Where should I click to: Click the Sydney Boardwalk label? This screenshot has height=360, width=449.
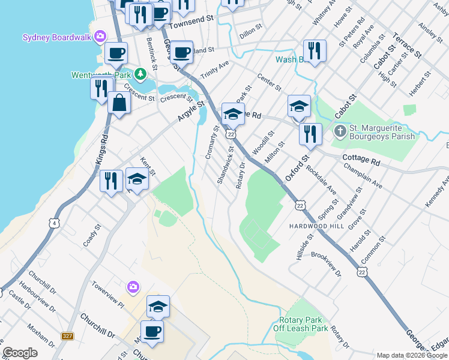(56, 37)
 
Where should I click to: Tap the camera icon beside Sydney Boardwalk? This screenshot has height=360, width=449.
(100, 37)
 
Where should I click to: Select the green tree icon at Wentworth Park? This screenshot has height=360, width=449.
(140, 74)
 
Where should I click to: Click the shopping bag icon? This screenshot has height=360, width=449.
(119, 104)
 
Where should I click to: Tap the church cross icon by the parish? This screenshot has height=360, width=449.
(340, 130)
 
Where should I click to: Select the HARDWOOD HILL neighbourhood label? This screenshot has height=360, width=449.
(312, 226)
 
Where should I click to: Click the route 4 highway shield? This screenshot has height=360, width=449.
(55, 224)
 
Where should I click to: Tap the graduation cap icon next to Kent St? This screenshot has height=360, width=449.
(137, 180)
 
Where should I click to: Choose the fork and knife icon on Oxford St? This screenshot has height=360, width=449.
(310, 134)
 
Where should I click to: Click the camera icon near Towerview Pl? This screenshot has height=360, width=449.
(133, 287)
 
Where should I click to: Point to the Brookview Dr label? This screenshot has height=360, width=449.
(325, 263)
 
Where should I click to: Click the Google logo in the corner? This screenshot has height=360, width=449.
(20, 353)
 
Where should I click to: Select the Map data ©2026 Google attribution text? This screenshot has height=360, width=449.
(412, 355)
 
